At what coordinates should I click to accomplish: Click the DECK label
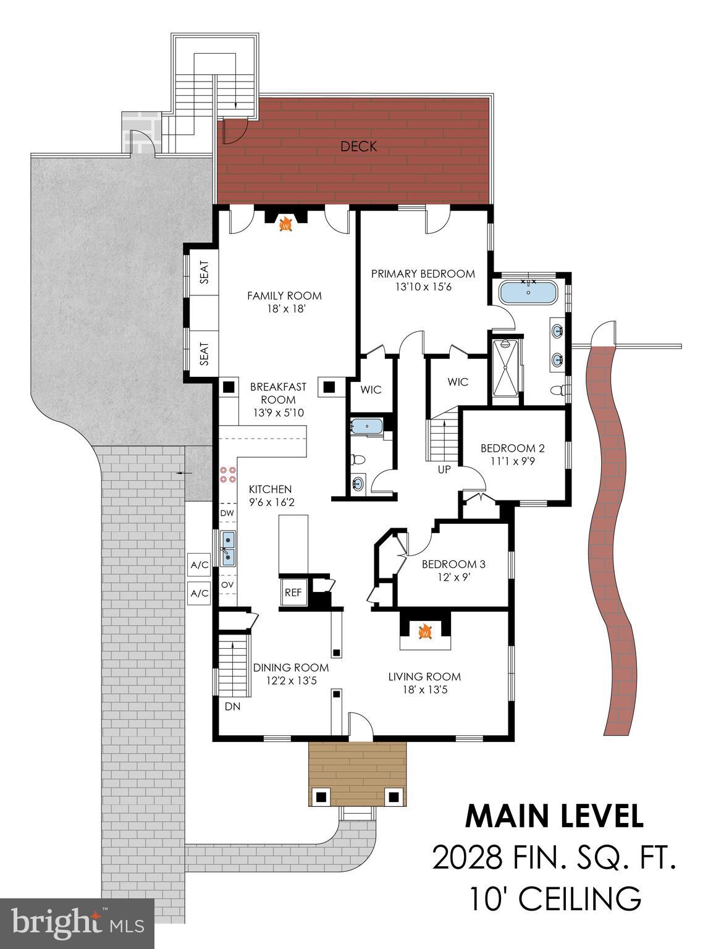pyautogui.click(x=358, y=147)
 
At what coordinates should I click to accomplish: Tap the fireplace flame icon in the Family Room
pyautogui.click(x=285, y=225)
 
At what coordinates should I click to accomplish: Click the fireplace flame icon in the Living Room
pyautogui.click(x=425, y=632)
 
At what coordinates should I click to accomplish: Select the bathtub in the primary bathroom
pyautogui.click(x=527, y=292)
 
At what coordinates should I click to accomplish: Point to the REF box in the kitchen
pyautogui.click(x=293, y=593)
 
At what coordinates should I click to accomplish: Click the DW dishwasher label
pyautogui.click(x=227, y=513)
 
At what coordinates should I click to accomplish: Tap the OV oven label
pyautogui.click(x=227, y=584)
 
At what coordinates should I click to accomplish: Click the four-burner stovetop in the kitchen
pyautogui.click(x=227, y=474)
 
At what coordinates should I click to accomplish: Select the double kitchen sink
pyautogui.click(x=228, y=547)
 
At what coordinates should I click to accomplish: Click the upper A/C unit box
pyautogui.click(x=200, y=565)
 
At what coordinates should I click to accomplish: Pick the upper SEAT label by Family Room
pyautogui.click(x=204, y=272)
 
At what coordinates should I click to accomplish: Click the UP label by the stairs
pyautogui.click(x=444, y=470)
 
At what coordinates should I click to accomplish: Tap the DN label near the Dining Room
pyautogui.click(x=232, y=707)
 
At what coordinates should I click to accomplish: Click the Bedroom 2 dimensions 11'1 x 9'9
pyautogui.click(x=512, y=460)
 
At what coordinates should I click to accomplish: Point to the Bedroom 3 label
pyautogui.click(x=453, y=564)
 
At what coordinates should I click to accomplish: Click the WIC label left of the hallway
pyautogui.click(x=371, y=390)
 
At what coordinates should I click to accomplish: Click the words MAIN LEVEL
pyautogui.click(x=554, y=816)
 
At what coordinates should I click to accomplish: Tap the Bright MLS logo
pyautogui.click(x=77, y=924)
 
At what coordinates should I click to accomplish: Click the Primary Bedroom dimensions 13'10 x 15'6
pyautogui.click(x=423, y=287)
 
